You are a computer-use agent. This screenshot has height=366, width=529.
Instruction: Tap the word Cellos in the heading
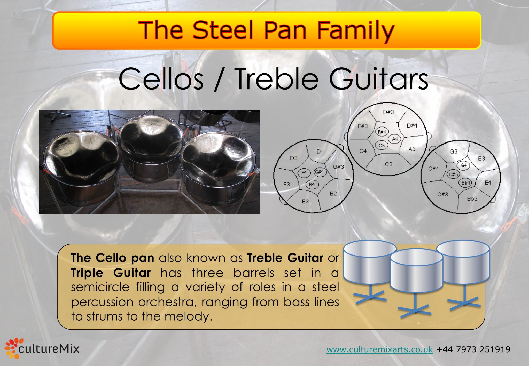click(x=161, y=79)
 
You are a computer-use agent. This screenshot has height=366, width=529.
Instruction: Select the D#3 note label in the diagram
click(x=388, y=112)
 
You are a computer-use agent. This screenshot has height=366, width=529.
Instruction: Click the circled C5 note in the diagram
click(x=382, y=146)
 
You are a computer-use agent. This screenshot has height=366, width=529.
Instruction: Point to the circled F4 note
click(x=304, y=173)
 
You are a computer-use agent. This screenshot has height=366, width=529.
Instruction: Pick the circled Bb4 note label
click(x=466, y=183)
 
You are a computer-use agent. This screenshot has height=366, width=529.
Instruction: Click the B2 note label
click(x=333, y=194)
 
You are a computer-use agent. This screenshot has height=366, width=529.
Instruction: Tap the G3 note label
click(x=453, y=152)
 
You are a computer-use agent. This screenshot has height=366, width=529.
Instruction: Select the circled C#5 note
click(x=453, y=174)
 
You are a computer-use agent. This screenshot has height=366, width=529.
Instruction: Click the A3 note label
click(x=412, y=149)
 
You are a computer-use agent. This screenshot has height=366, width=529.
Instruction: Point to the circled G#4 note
click(x=319, y=172)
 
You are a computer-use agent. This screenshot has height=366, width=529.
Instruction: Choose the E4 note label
click(x=488, y=183)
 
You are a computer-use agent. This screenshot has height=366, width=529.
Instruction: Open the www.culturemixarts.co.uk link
click(x=379, y=349)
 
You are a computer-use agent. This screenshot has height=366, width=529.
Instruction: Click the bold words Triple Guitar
click(x=111, y=273)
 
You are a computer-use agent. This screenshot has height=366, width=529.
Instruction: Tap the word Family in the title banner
click(x=355, y=30)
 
